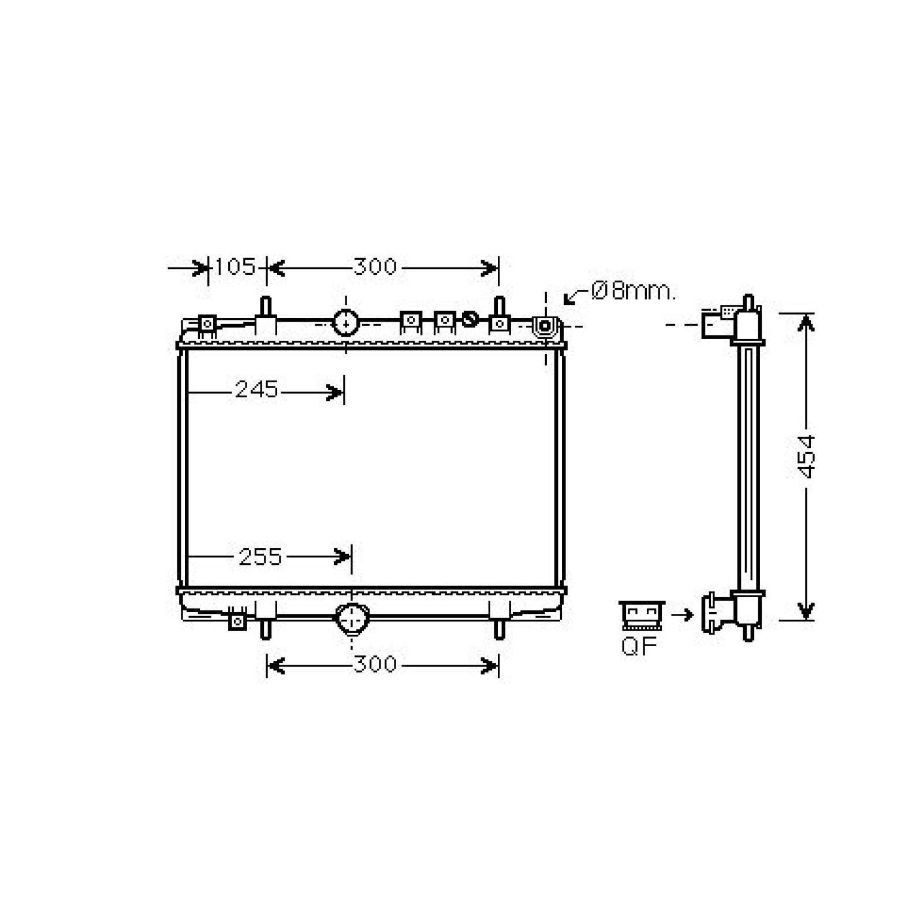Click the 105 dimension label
(x=235, y=267)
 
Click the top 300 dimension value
(x=375, y=267)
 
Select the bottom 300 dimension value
(x=375, y=665)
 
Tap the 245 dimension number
(x=256, y=390)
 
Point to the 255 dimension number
(x=260, y=557)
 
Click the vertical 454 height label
(x=806, y=456)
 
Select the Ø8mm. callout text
(x=633, y=292)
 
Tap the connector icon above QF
(x=642, y=616)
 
